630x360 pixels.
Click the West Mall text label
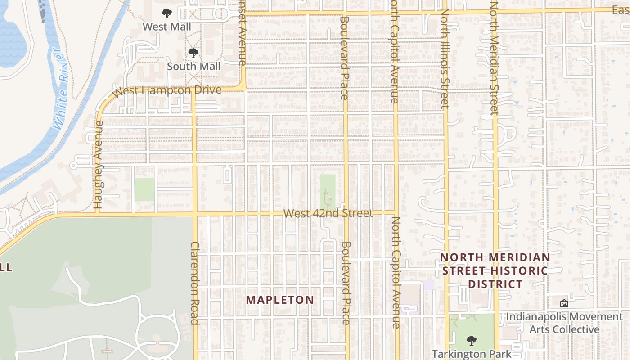click(166, 27)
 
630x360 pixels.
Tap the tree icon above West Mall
click(167, 13)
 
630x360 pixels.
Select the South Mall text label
click(193, 67)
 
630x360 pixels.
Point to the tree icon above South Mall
click(193, 53)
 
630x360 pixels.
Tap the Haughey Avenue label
click(99, 165)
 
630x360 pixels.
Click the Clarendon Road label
click(195, 283)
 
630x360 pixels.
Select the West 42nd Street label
click(328, 213)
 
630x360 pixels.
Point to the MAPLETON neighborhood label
click(280, 300)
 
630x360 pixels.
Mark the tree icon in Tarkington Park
click(471, 340)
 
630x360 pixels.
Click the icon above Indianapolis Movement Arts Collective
click(564, 303)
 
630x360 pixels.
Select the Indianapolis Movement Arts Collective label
click(564, 323)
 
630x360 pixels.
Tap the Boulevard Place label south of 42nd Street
click(346, 283)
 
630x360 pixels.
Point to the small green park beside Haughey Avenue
click(144, 189)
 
